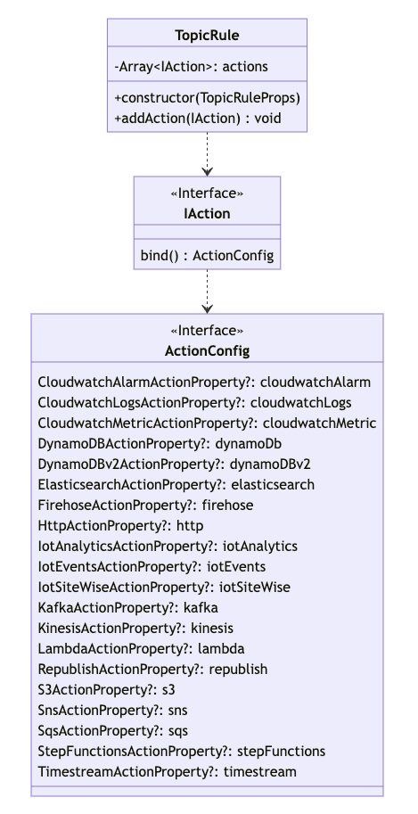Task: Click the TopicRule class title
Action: pyautogui.click(x=207, y=36)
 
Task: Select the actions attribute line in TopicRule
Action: pyautogui.click(x=191, y=67)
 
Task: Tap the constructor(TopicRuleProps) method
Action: pyautogui.click(x=208, y=98)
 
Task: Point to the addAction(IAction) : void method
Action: pyautogui.click(x=198, y=119)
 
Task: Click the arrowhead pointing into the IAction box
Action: pyautogui.click(x=207, y=172)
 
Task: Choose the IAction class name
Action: pyautogui.click(x=207, y=213)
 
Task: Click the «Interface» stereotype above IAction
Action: pyautogui.click(x=207, y=193)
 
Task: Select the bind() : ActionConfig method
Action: pyautogui.click(x=207, y=256)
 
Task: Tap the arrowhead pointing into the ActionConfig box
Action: pyautogui.click(x=207, y=309)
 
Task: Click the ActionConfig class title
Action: pyautogui.click(x=207, y=351)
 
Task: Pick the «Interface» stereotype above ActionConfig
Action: pyautogui.click(x=207, y=331)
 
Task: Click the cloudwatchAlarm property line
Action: pyautogui.click(x=204, y=382)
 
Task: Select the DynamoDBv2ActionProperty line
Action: pyautogui.click(x=174, y=465)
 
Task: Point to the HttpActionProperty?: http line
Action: pyautogui.click(x=120, y=526)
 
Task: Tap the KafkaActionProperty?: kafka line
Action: pyautogui.click(x=127, y=607)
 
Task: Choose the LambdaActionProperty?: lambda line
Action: pyautogui.click(x=141, y=649)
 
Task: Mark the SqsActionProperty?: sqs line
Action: pyautogui.click(x=112, y=731)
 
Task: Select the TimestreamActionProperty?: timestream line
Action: pyautogui.click(x=168, y=772)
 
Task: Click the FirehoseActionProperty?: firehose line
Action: pyautogui.click(x=145, y=506)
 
